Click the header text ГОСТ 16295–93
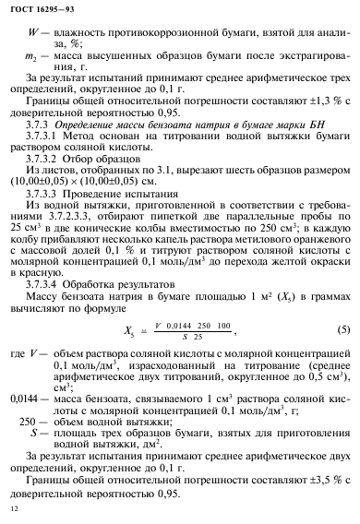point(37,12)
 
